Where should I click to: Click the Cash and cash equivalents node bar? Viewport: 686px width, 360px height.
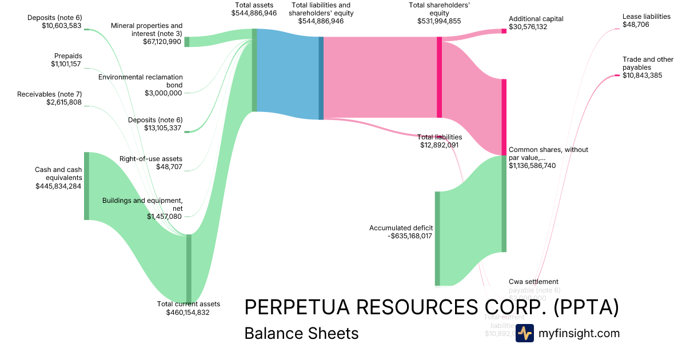[87, 186]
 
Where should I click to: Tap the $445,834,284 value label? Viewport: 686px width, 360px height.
[58, 186]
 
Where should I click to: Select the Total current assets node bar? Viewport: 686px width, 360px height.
[189, 269]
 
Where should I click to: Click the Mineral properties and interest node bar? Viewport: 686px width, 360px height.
[187, 42]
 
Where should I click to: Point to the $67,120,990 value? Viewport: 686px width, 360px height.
[162, 42]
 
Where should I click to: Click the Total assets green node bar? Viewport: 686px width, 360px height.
[254, 70]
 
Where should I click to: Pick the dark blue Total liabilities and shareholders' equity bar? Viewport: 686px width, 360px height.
[321, 78]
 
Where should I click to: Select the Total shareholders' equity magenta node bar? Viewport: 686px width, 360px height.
[439, 77]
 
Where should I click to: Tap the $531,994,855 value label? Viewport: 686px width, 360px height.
[439, 21]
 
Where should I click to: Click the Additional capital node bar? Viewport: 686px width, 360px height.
[504, 31]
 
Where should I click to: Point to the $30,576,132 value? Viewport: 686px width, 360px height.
[528, 27]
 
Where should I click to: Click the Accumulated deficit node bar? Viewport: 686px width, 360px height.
[437, 238]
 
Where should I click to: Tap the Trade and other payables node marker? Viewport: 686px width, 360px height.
[617, 75]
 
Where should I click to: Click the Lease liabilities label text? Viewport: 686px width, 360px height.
[647, 17]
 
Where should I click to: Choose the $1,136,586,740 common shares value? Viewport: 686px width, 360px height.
[532, 166]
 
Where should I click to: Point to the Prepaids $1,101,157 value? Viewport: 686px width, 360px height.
[66, 64]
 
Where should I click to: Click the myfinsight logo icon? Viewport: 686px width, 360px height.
[524, 333]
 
